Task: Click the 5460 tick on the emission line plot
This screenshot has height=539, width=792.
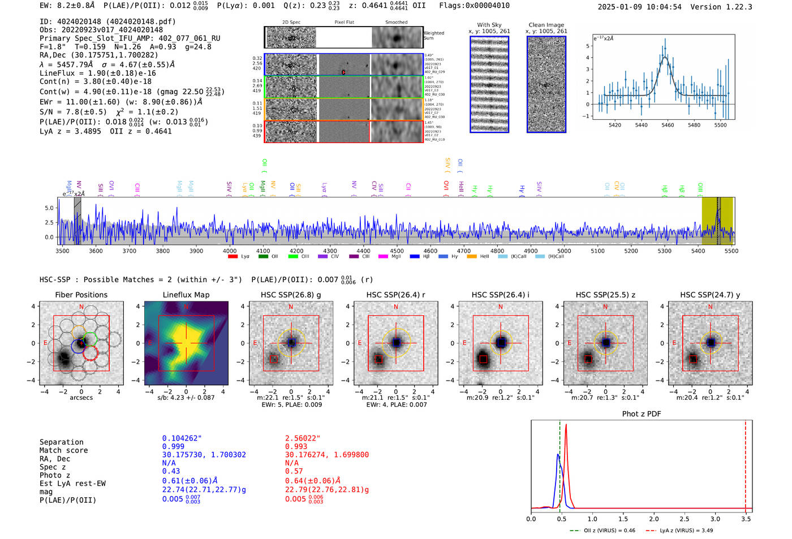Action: point(668,125)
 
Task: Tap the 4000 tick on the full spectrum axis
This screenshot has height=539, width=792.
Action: point(229,251)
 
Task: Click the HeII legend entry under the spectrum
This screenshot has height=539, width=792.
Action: point(484,257)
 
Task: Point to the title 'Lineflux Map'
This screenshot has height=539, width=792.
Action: point(186,295)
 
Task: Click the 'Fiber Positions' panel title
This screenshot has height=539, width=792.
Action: point(81,295)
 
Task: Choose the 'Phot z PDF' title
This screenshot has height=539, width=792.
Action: point(641,414)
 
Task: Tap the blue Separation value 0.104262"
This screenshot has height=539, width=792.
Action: point(182,438)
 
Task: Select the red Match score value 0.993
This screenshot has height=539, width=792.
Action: point(296,447)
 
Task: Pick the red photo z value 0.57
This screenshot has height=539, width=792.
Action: point(294,471)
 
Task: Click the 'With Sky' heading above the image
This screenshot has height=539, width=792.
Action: point(489,25)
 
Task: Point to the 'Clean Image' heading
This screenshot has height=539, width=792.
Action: point(546,25)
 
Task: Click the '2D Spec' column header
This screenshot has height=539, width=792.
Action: point(291,23)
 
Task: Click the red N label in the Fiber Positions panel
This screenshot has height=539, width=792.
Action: point(81,307)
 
